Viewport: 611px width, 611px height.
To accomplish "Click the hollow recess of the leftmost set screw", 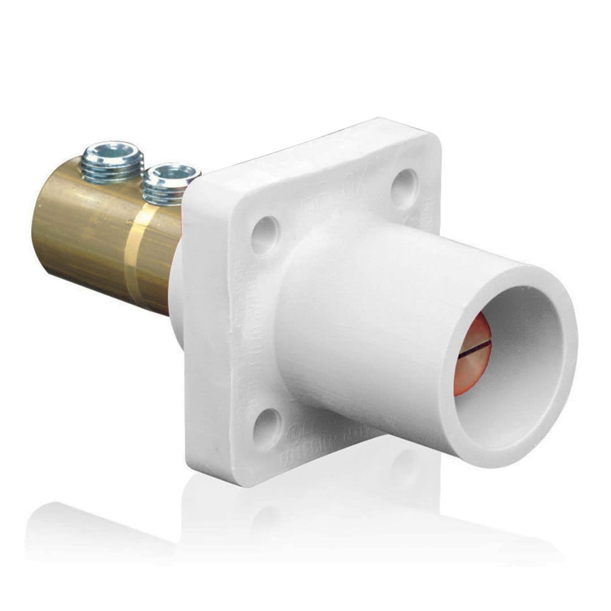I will click(111, 152).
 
